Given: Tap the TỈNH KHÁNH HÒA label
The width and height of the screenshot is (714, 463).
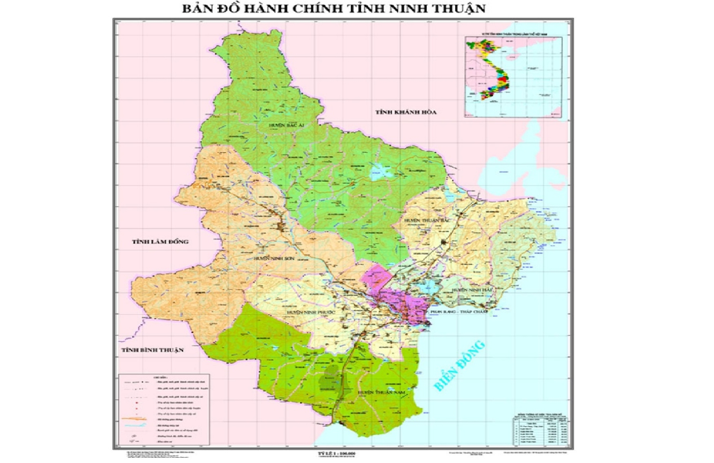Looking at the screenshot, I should (x=406, y=112).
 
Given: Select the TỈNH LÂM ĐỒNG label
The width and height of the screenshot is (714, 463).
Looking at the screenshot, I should (x=160, y=242).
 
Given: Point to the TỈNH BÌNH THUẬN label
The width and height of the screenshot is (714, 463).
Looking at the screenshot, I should (x=152, y=350).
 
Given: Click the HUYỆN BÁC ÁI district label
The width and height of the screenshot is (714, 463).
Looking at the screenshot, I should (x=287, y=125).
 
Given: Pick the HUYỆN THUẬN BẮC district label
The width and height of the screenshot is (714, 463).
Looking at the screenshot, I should (x=427, y=220).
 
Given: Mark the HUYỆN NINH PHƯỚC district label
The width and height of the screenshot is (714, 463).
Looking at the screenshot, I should (x=311, y=312).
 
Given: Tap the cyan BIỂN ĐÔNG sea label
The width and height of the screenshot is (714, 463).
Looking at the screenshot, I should (x=460, y=365).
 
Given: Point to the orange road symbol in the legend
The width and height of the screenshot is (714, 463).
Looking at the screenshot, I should (x=135, y=420).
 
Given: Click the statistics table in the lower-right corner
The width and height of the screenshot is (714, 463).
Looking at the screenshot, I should (x=540, y=431).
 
